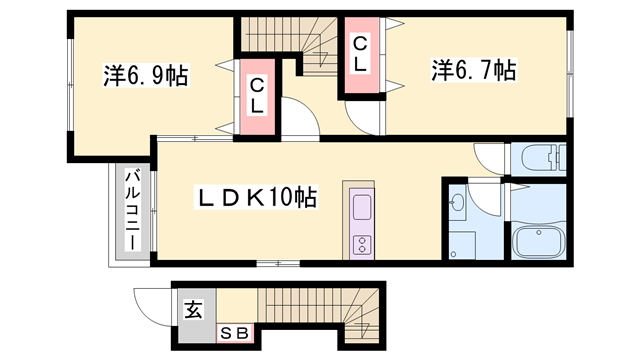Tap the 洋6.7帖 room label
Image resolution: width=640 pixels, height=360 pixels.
click(x=473, y=70)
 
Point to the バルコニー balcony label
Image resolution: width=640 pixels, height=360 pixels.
click(x=132, y=211)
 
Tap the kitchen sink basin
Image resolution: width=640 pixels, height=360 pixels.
click(x=361, y=209)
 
